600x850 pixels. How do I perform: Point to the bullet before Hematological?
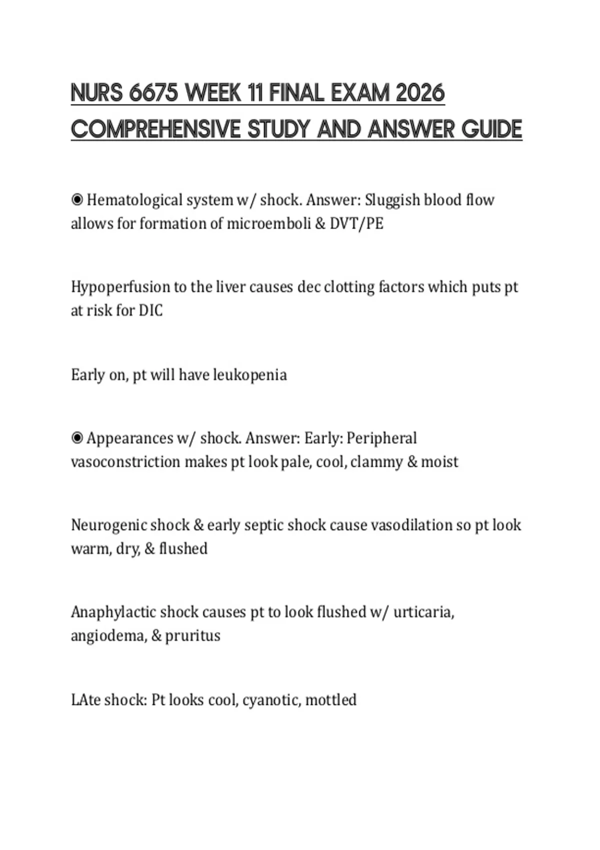click(x=77, y=200)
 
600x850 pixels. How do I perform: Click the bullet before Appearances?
click(x=77, y=438)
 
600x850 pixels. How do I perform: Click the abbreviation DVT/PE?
click(x=356, y=223)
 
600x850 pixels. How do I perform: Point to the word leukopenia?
click(x=250, y=375)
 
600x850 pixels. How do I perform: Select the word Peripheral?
click(x=381, y=438)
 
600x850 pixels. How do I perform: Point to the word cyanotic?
click(x=270, y=699)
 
